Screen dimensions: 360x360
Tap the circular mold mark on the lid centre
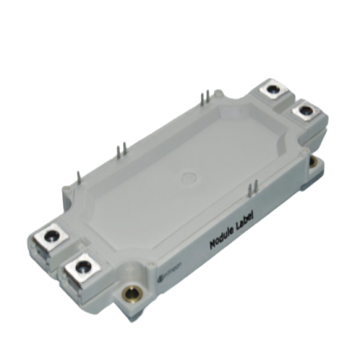click(x=189, y=178)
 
